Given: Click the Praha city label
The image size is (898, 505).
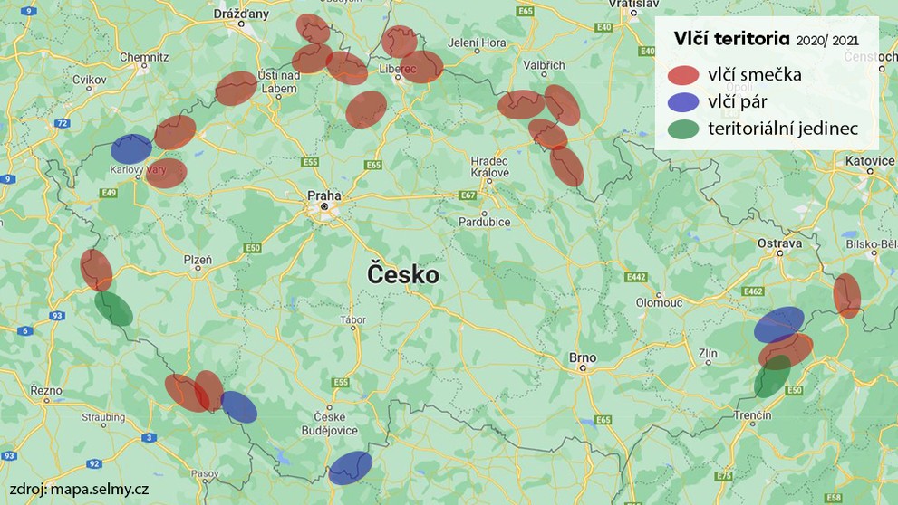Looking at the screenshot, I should point(323,195).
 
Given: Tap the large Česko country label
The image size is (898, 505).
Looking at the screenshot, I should point(402,274).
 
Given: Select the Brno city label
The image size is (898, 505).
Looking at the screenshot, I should point(583,357).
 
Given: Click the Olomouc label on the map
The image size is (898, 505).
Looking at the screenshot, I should point(658,302).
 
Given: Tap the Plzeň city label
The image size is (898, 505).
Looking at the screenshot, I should point(198,260).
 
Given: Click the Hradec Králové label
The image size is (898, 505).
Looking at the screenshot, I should point(490,167).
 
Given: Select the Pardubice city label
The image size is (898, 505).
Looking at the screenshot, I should point(485,222).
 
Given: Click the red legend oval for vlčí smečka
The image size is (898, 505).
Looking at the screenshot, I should point(683,75).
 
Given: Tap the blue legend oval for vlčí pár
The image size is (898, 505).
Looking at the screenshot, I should point(683,102).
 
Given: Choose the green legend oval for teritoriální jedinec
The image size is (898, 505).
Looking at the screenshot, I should point(683,129).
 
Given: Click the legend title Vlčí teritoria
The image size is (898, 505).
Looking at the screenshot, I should point(731,39).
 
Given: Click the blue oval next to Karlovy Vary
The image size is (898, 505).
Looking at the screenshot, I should point(131,149).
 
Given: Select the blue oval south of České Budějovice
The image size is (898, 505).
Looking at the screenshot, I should point(350,467).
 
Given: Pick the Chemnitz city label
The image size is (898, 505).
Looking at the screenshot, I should point(143,57).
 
